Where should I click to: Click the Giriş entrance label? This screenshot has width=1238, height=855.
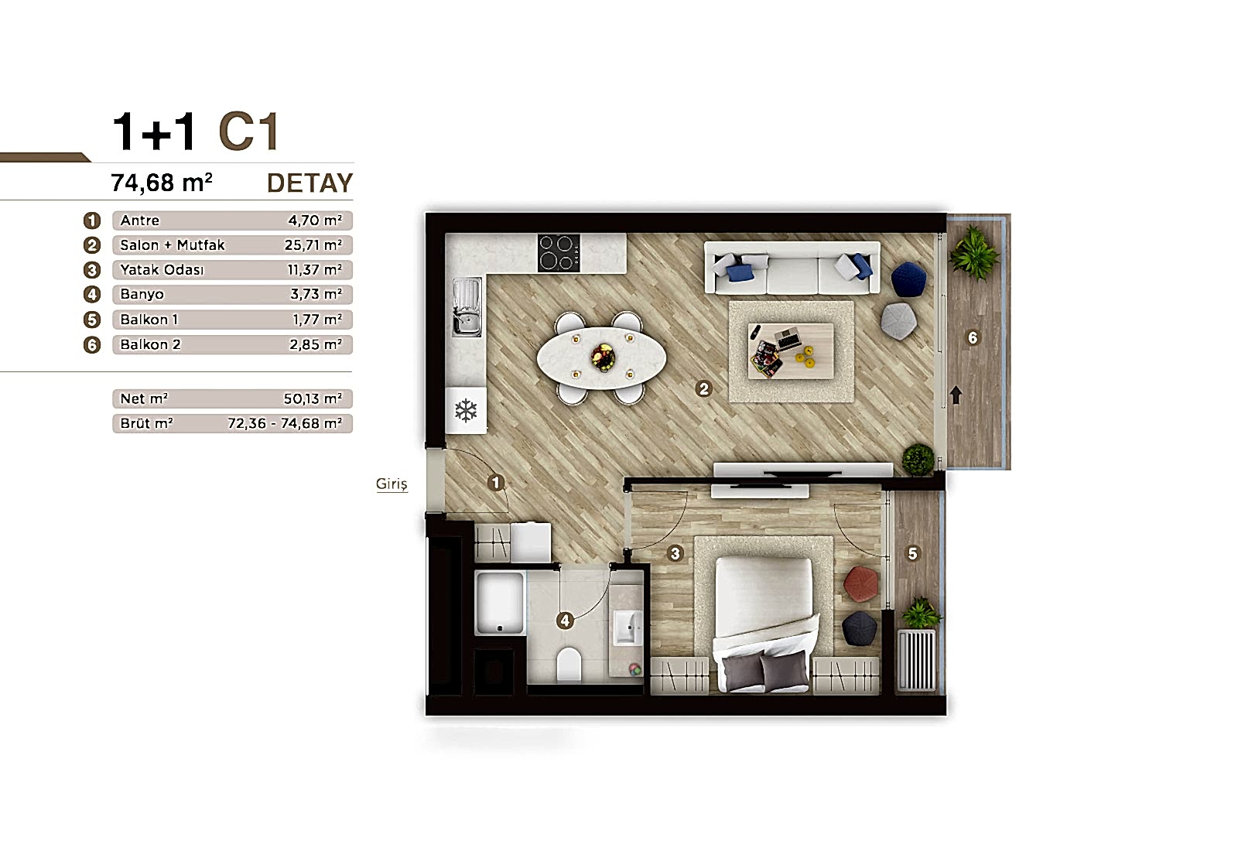click(x=392, y=484)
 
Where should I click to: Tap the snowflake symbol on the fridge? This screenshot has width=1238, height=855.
click(x=466, y=411)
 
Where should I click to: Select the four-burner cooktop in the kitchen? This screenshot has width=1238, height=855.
click(x=559, y=253)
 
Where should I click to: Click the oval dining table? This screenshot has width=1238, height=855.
click(x=601, y=358)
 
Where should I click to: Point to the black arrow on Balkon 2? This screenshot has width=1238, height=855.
click(x=956, y=395)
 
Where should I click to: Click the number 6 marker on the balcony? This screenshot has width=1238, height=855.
click(x=973, y=337)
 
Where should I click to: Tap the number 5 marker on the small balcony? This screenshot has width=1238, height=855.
click(x=912, y=553)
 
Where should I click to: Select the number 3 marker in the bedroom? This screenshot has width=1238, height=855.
click(x=675, y=553)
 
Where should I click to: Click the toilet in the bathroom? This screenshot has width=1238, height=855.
click(x=569, y=665)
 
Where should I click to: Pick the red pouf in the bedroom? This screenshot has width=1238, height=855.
click(x=861, y=583)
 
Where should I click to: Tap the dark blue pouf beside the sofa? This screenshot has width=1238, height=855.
click(x=909, y=279)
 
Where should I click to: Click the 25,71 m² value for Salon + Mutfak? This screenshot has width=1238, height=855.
click(x=313, y=245)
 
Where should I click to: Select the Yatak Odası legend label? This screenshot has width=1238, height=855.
click(x=162, y=270)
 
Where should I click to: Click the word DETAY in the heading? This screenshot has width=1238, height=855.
click(x=309, y=183)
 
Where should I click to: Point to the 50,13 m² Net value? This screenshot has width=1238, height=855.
click(x=313, y=398)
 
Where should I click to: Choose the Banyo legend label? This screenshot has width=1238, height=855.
click(x=142, y=294)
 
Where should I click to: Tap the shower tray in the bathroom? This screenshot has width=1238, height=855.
click(x=500, y=604)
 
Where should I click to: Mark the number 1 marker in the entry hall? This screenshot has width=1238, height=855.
click(x=496, y=483)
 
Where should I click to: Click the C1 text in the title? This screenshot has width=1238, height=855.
click(x=248, y=132)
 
